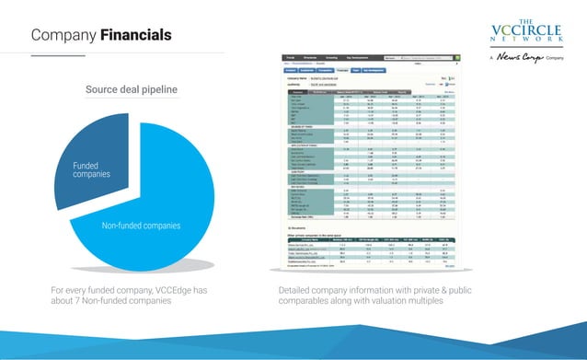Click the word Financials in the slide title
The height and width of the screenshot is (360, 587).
136,35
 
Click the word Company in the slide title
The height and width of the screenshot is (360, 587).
63,35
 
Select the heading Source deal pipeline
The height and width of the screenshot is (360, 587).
132,89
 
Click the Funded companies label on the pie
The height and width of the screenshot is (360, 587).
91,169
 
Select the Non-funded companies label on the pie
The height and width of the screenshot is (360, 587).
141,226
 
